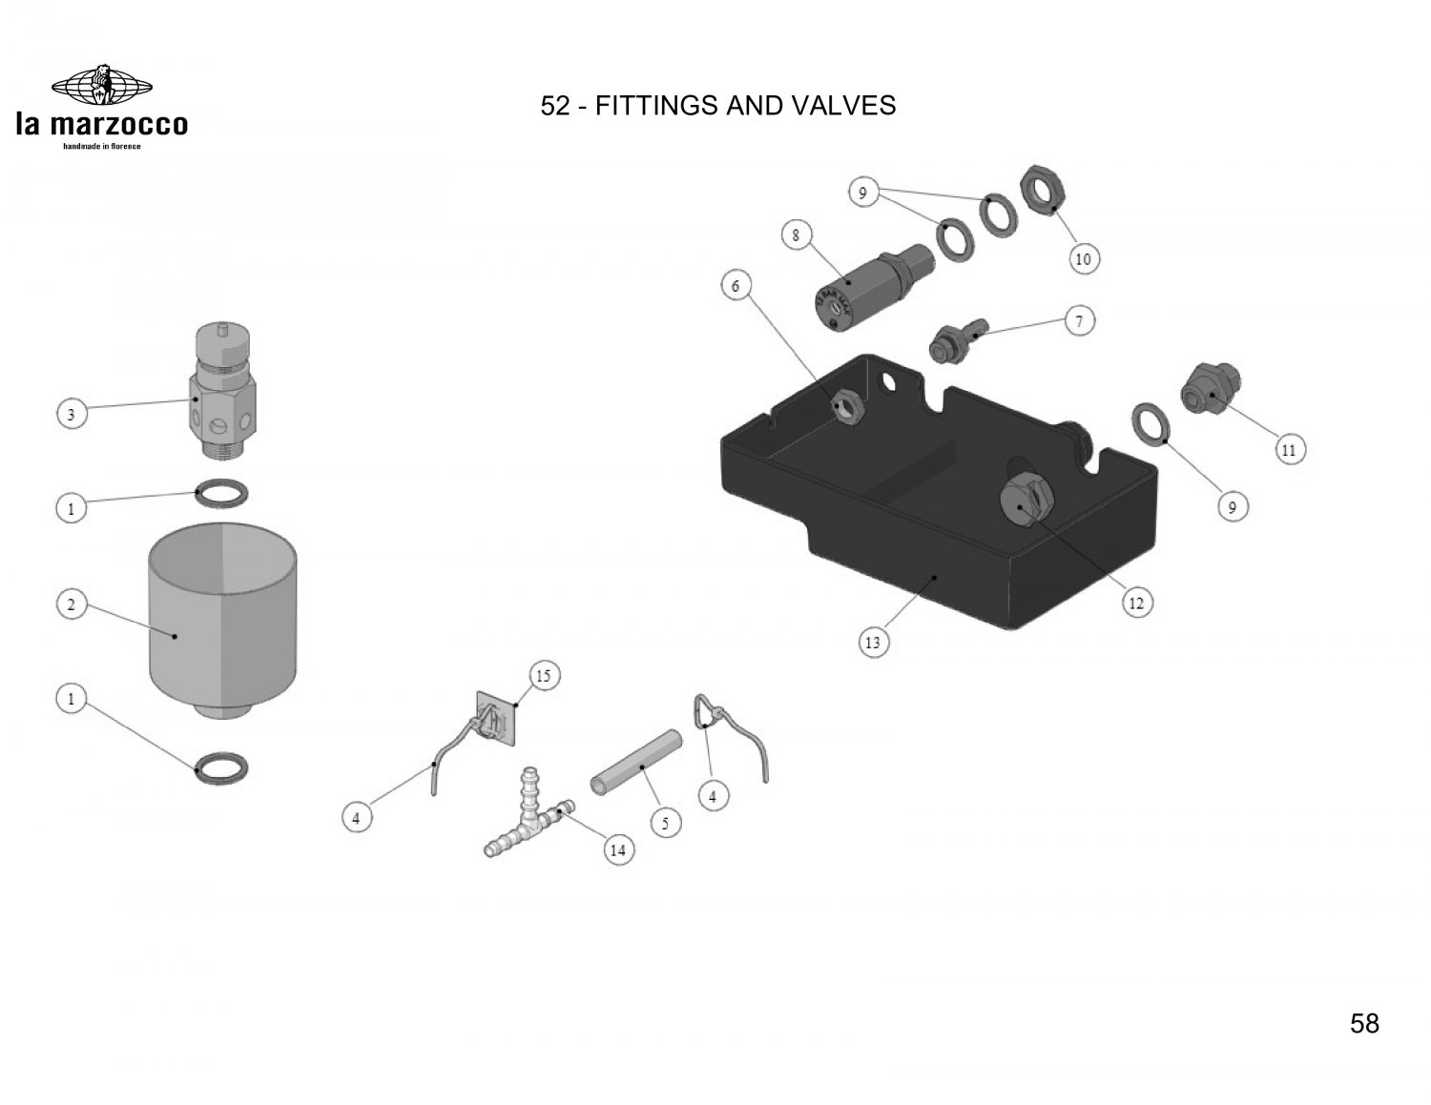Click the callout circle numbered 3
point(70,416)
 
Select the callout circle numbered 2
point(70,605)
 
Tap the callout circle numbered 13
point(872,643)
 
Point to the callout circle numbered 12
point(1136,603)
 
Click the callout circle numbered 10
point(1084,258)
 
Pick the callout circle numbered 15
point(543,677)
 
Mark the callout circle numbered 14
point(618,850)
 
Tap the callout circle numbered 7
point(1079,320)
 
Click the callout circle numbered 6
point(736,285)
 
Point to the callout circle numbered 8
point(795,235)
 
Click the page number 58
point(1364,1023)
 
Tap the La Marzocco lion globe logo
point(101,86)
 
